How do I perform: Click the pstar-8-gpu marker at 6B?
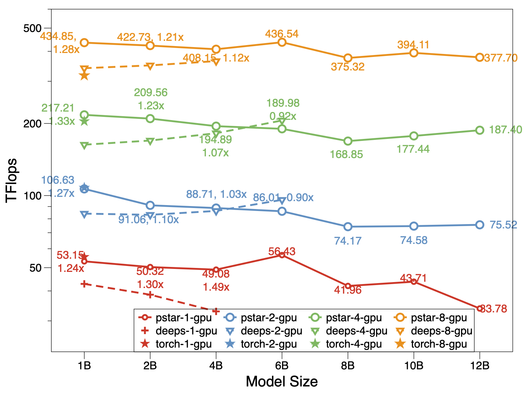(282, 42)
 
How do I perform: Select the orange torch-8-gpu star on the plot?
(84, 76)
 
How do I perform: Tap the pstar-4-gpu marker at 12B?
(480, 130)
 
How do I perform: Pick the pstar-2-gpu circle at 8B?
(348, 227)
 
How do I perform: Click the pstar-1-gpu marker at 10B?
(414, 281)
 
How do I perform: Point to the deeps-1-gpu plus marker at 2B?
(150, 295)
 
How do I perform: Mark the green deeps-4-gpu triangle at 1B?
(84, 145)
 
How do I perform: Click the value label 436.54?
(282, 34)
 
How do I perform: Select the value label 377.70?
(501, 58)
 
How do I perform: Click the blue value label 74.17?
(348, 241)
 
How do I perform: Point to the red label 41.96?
(348, 290)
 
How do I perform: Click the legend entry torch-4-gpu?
(346, 344)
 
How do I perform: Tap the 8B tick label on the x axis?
(348, 365)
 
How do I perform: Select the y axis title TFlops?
(12, 180)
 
